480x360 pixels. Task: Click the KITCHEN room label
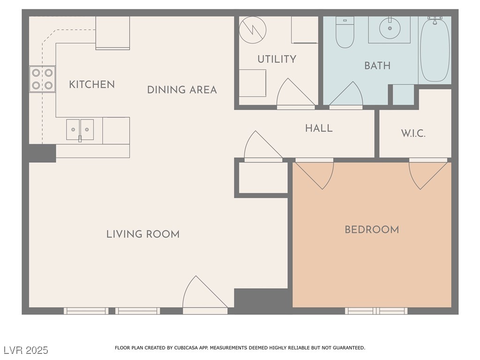tap(92, 84)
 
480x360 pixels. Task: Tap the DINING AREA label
tap(182, 90)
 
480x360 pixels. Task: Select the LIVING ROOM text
tap(143, 234)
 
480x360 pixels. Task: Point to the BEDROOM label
tap(372, 230)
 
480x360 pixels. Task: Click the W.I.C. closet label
tap(413, 134)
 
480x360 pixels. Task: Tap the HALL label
tap(319, 128)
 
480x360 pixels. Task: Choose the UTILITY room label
tap(277, 59)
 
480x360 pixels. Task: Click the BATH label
tap(377, 66)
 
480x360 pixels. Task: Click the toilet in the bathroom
tap(345, 32)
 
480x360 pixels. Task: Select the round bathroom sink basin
tap(390, 28)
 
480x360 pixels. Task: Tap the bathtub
tap(435, 49)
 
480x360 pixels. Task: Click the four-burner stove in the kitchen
tap(42, 79)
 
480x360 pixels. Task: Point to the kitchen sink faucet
tap(80, 139)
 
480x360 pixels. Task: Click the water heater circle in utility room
tap(253, 30)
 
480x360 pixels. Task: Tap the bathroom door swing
tap(346, 94)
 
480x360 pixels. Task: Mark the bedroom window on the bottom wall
tap(376, 311)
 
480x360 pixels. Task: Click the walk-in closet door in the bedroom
tap(428, 175)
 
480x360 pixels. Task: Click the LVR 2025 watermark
tap(26, 350)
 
